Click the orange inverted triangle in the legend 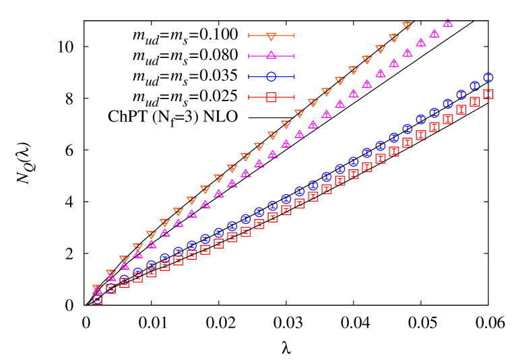coord(271,36)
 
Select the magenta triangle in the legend coord(271,55)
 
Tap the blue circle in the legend coord(271,76)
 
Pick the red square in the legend coord(271,97)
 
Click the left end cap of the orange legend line coord(249,36)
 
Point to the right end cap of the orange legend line coord(294,36)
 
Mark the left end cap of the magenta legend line coord(249,56)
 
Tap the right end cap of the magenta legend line coord(294,56)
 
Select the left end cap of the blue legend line coord(249,76)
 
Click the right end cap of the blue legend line coord(294,76)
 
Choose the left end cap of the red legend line coord(249,97)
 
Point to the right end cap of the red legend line coord(294,97)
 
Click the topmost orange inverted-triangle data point coord(407,26)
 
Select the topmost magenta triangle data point coord(447,23)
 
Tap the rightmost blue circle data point coord(488,78)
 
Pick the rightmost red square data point coord(488,94)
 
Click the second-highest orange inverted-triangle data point coord(393,38)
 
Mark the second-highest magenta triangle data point coord(434,33)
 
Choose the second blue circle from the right coord(475,86)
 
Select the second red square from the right coord(475,102)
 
